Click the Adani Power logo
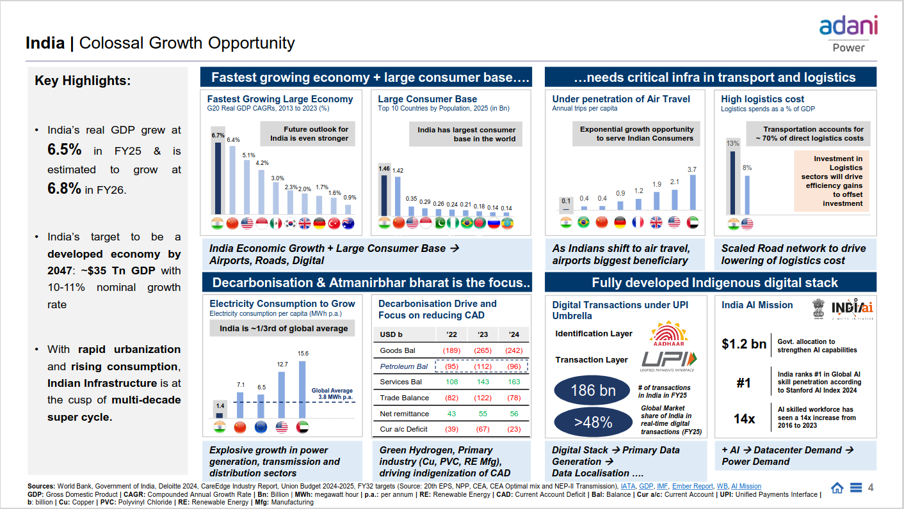(848, 33)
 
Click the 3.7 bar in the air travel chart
(692, 192)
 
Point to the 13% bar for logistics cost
(732, 183)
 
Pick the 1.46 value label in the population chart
(384, 169)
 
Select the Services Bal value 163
(514, 382)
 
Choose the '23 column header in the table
(483, 334)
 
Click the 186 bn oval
(593, 390)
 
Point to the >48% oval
(593, 422)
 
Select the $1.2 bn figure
(744, 344)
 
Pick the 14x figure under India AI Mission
(744, 419)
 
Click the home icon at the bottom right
(837, 488)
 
